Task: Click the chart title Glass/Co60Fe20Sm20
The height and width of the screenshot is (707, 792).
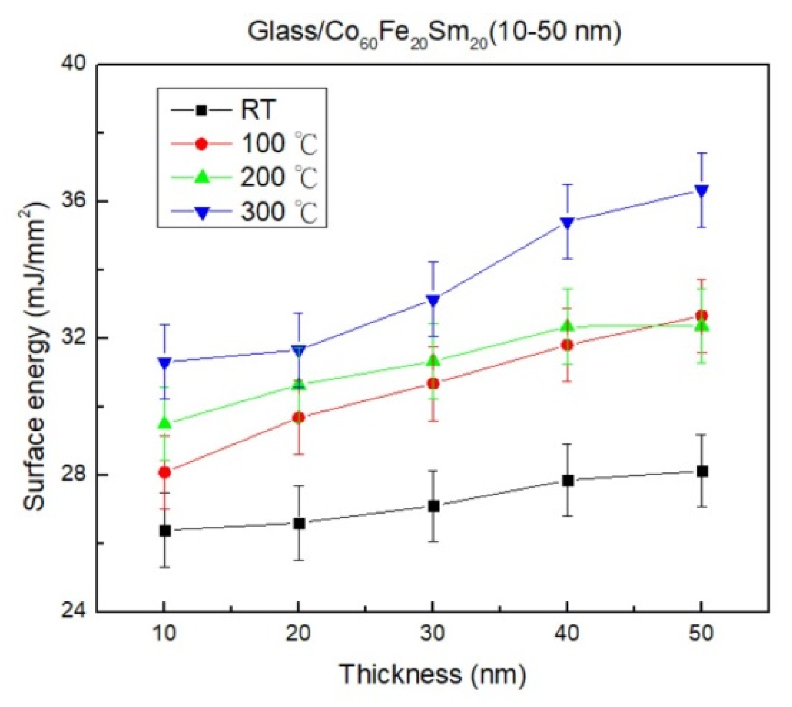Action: tap(434, 32)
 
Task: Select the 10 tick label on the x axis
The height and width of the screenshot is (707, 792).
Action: tap(164, 633)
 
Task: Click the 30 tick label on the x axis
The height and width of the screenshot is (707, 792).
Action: tap(433, 633)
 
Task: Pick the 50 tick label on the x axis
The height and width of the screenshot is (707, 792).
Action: tap(701, 633)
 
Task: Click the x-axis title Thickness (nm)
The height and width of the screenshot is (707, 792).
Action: tap(433, 674)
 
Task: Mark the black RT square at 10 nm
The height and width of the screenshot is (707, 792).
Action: tap(165, 531)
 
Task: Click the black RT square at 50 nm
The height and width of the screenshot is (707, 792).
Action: tap(702, 471)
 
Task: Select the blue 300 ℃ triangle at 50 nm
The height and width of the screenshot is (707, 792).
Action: tap(702, 191)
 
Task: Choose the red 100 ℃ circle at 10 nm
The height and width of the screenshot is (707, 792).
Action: tap(165, 472)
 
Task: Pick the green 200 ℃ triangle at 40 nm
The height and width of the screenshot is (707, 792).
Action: tap(568, 325)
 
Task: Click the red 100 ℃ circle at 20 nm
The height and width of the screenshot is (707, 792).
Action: tap(299, 417)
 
